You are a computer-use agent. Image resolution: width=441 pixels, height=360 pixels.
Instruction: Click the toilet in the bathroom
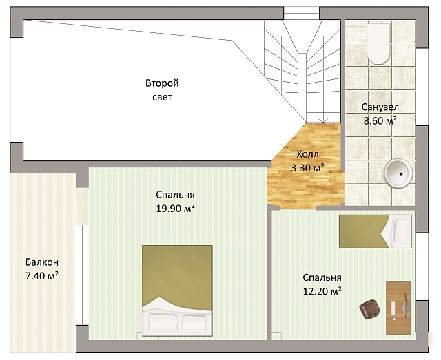pos(378,43)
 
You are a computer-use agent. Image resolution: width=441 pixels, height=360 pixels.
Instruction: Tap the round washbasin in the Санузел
pos(398,173)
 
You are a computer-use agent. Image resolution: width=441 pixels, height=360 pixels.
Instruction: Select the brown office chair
pos(369,309)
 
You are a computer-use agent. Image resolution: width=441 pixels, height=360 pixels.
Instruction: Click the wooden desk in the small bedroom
pos(398,308)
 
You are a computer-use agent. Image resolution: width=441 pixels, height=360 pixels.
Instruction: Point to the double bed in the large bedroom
pos(177,290)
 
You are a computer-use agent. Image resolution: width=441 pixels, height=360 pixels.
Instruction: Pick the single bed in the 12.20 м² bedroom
pos(375,231)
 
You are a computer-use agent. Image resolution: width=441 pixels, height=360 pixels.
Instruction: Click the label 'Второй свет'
pos(163,90)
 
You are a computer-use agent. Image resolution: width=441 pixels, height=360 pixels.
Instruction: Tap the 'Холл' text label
pos(308,154)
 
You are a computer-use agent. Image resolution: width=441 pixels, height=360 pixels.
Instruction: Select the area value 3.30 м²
pos(308,168)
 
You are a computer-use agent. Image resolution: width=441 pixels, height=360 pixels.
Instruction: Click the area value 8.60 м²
pos(380,121)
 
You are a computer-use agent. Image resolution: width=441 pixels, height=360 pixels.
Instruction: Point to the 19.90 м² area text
pos(176,209)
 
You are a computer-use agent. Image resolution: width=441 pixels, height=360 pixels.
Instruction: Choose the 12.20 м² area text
pos(322,291)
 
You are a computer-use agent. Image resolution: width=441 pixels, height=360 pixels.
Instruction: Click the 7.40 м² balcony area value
pos(42,276)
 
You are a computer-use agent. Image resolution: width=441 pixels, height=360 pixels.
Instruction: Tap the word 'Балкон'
pos(42,262)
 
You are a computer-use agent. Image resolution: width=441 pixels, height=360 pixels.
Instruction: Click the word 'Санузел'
pos(380,107)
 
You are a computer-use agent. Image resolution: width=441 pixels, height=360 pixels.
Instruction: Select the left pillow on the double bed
pos(162,322)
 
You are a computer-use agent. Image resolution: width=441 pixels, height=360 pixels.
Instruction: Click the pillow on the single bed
pos(401,231)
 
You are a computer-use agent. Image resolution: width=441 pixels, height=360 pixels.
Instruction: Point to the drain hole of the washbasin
pos(402,174)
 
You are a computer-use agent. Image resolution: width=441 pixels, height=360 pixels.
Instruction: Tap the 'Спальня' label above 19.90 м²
pos(175,195)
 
